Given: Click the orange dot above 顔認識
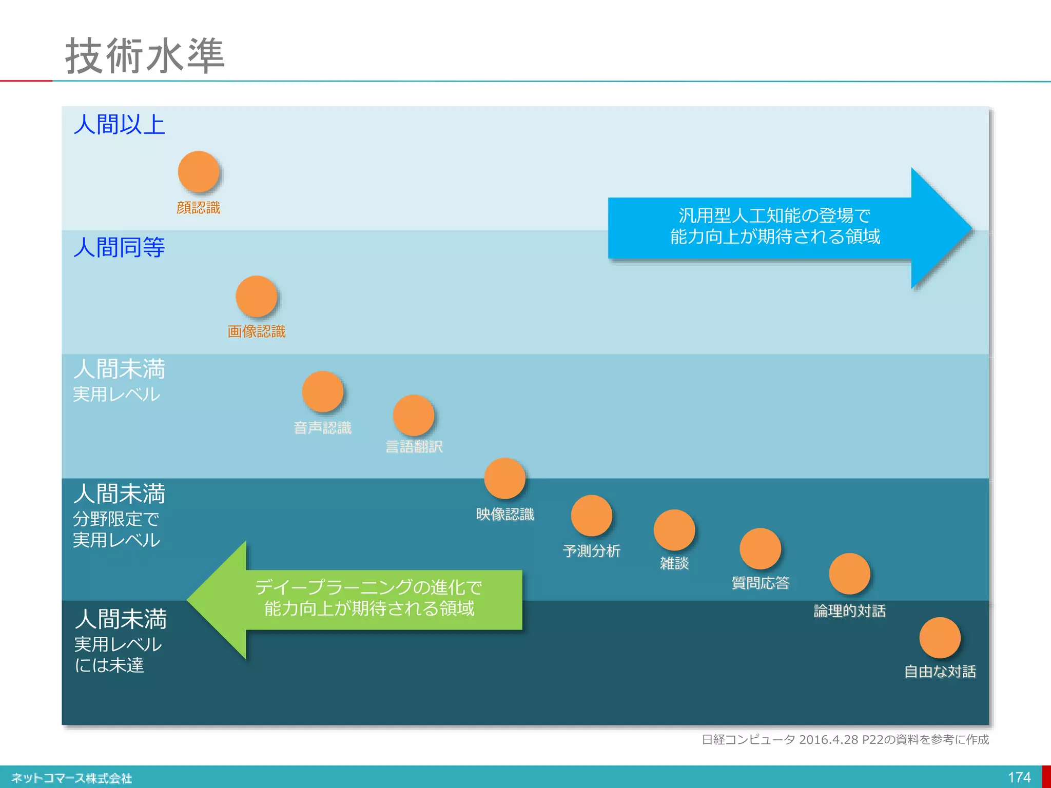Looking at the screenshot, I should click(x=199, y=172).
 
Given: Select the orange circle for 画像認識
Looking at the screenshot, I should click(x=257, y=297).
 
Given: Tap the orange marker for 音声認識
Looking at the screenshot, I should click(x=323, y=392).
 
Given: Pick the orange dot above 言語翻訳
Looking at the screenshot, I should click(x=414, y=416).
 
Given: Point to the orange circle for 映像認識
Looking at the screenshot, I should click(x=505, y=479).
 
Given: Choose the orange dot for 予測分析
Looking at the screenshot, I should click(x=592, y=516).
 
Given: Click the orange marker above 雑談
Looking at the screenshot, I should click(x=674, y=530).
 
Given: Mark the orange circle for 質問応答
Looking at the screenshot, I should click(x=761, y=549).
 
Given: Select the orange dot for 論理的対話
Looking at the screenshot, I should click(x=850, y=574).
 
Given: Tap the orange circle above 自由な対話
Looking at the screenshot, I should click(x=940, y=638).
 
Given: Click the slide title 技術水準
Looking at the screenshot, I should click(x=145, y=55).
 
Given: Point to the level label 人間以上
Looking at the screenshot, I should click(x=120, y=125).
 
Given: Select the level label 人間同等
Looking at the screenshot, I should click(x=120, y=247).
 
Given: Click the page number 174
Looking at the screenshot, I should click(x=1019, y=777).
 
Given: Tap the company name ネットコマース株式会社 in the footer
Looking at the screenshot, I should click(x=72, y=778).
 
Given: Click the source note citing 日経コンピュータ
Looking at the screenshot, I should click(x=845, y=739).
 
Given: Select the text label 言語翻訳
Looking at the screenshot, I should click(x=414, y=447).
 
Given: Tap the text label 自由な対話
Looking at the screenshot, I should click(x=940, y=672).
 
